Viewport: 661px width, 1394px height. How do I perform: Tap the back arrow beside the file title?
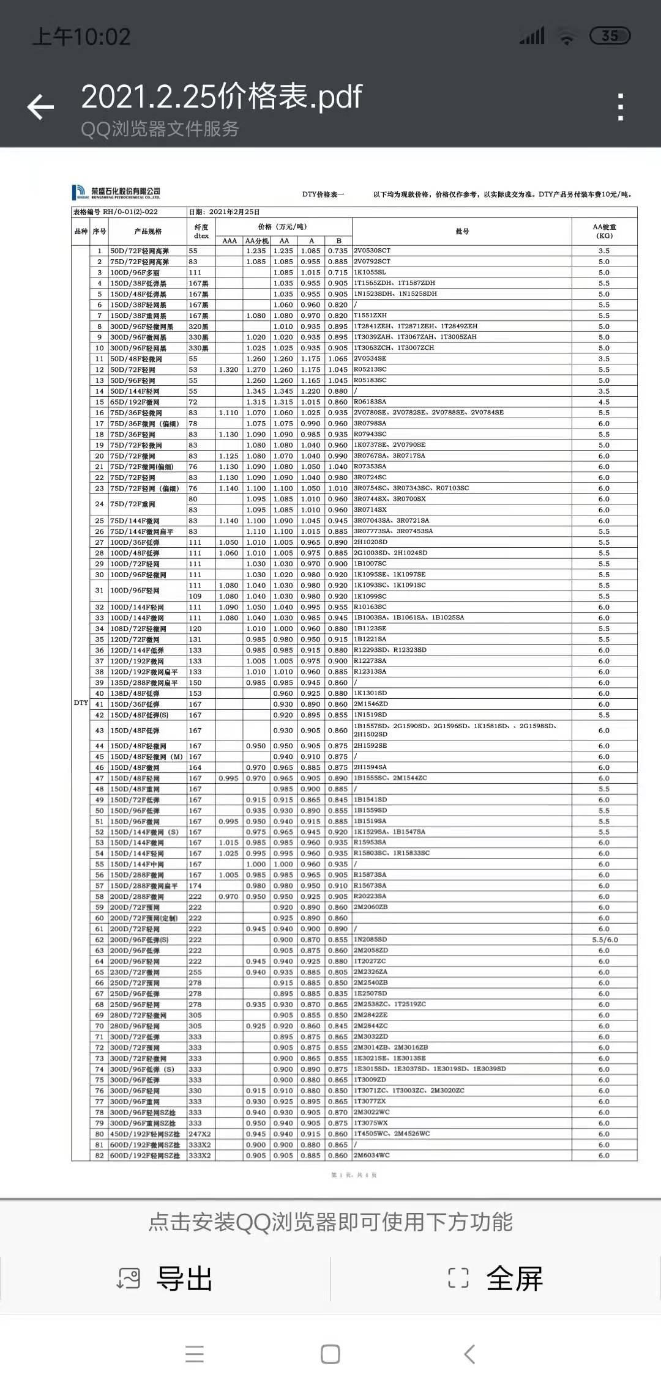click(41, 107)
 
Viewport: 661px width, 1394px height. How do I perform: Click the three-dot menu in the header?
click(621, 107)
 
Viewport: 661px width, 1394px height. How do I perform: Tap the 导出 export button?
click(165, 1278)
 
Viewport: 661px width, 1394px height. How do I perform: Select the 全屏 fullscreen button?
click(496, 1278)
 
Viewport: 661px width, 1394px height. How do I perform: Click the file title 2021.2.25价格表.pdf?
click(222, 97)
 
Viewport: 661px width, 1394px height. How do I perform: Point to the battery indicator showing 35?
click(610, 36)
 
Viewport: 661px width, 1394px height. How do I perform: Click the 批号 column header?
click(462, 232)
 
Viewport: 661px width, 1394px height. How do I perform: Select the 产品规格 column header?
click(148, 232)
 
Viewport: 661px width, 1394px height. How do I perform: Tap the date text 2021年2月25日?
click(234, 212)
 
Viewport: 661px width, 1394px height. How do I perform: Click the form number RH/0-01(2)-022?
click(130, 212)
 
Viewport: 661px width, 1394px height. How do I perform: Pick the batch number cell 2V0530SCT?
click(372, 251)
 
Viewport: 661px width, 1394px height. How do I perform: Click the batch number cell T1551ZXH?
click(370, 315)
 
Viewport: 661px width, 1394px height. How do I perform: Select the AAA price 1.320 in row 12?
click(228, 370)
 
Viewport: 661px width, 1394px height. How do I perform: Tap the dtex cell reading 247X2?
click(200, 1134)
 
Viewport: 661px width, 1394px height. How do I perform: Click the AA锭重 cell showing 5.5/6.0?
click(604, 940)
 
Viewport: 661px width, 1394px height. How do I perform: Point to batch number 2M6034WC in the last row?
click(372, 1156)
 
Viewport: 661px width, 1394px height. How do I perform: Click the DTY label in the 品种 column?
click(81, 703)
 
